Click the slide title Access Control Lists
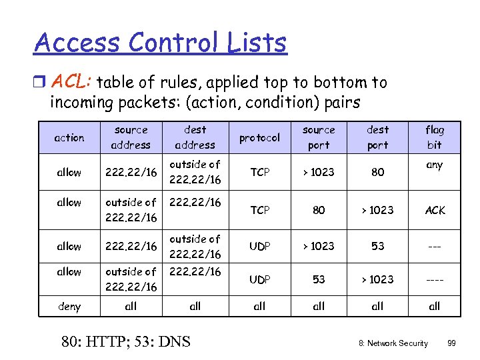point(160,43)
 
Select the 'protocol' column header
point(259,137)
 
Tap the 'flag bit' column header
point(434,137)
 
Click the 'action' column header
point(69,137)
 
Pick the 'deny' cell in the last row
point(69,307)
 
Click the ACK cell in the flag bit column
point(434,210)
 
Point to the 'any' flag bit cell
point(434,165)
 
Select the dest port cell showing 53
point(377,246)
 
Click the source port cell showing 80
point(319,210)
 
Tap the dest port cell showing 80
point(377,172)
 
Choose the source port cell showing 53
point(319,279)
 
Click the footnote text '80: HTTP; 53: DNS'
point(125,342)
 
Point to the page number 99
point(451,343)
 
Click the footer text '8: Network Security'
point(393,343)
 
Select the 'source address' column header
point(131,137)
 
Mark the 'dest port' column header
point(377,137)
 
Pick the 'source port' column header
point(319,137)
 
